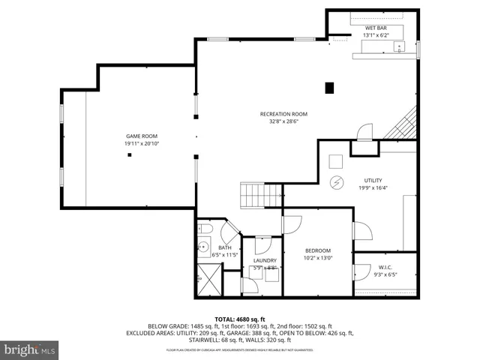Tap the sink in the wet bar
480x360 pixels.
pos(400,46)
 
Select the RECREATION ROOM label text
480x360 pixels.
pos(283,114)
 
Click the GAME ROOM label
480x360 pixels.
pos(141,136)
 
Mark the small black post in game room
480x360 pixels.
pos(130,155)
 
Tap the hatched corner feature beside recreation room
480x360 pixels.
pos(403,124)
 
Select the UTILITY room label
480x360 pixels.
pos(373,181)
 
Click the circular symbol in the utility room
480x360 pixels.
pos(337,182)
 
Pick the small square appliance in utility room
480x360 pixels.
pos(336,160)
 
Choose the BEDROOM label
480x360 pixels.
pos(317,250)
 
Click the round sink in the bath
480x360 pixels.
pos(203,245)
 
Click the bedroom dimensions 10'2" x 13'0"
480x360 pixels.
pos(317,259)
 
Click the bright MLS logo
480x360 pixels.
pos(30,349)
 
